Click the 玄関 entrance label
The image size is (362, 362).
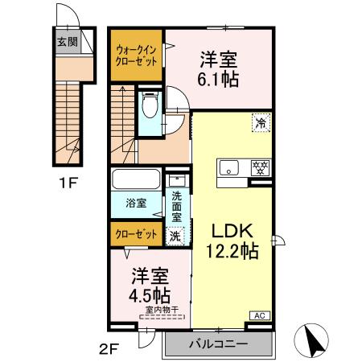[67, 43]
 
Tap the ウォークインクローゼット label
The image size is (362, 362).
[137, 55]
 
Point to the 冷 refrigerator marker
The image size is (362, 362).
[260, 122]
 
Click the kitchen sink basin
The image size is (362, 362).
[230, 168]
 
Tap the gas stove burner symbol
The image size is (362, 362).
[259, 168]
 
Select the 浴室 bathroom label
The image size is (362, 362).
[136, 204]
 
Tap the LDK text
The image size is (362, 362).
[232, 232]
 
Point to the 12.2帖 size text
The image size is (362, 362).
[232, 252]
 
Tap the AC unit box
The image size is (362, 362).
[260, 315]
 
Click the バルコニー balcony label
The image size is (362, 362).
[219, 345]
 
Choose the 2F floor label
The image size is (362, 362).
[110, 348]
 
